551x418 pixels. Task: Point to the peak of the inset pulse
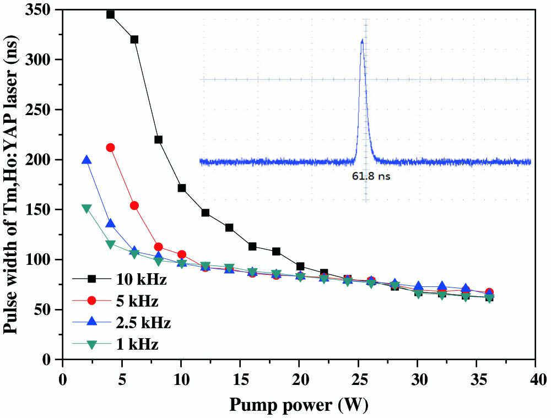[x=362, y=40]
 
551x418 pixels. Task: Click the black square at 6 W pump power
[x=134, y=39]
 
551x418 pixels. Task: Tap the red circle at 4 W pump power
[x=110, y=148]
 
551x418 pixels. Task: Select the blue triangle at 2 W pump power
[x=87, y=160]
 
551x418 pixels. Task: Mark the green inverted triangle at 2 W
[x=87, y=209]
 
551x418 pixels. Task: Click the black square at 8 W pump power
[x=158, y=139]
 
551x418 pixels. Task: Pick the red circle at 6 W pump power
[x=134, y=205]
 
